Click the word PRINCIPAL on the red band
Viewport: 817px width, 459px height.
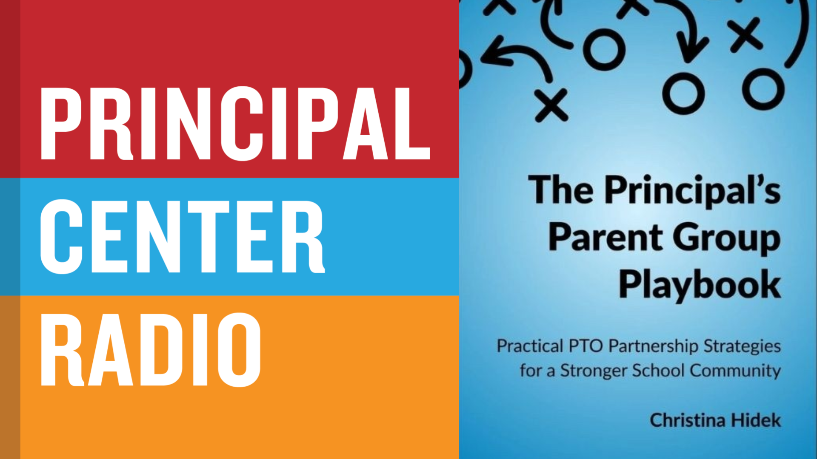235,123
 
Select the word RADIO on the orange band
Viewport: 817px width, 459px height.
151,349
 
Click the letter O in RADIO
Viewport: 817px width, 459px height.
239,349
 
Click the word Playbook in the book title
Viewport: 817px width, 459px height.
700,285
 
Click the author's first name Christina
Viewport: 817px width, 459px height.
688,420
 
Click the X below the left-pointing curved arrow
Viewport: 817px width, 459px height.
551,105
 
